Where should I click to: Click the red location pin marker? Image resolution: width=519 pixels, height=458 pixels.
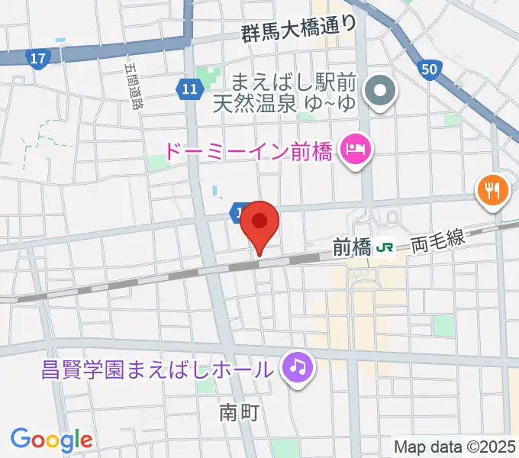pyautogui.click(x=259, y=224)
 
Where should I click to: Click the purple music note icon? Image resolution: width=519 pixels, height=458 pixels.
pyautogui.click(x=296, y=368)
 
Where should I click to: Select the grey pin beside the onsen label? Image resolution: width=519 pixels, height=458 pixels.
pyautogui.click(x=379, y=92)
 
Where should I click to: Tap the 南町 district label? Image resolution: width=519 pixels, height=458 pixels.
pyautogui.click(x=239, y=413)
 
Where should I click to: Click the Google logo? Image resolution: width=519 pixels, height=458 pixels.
pyautogui.click(x=51, y=439)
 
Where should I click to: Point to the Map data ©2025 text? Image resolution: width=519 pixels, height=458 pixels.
pyautogui.click(x=455, y=446)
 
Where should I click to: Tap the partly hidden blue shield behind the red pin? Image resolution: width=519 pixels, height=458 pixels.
pyautogui.click(x=238, y=211)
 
